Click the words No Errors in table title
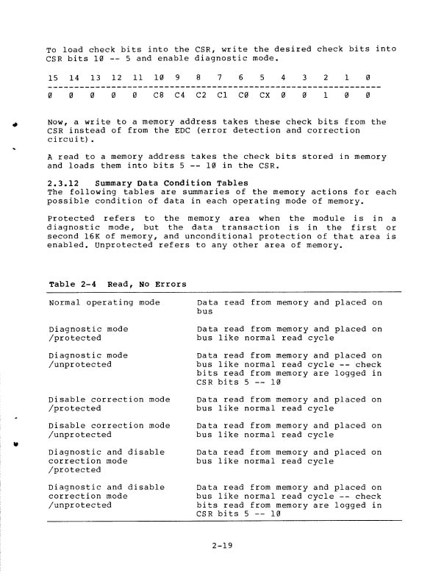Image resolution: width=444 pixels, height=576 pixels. (x=163, y=284)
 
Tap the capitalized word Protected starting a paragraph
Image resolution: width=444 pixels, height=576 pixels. (x=71, y=218)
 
